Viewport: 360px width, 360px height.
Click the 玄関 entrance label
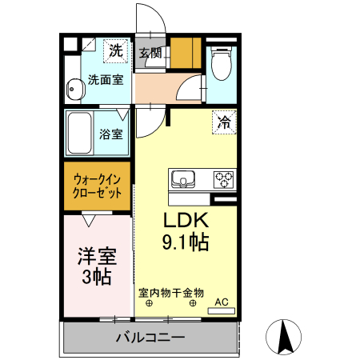click(x=150, y=54)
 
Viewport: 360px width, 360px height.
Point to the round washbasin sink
click(x=76, y=89)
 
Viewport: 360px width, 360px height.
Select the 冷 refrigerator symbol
click(x=224, y=123)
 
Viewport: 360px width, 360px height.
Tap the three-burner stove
click(x=222, y=178)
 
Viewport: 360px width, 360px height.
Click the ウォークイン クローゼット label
click(x=98, y=186)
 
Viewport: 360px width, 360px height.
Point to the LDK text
click(x=186, y=222)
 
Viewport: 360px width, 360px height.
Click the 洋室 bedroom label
click(x=96, y=257)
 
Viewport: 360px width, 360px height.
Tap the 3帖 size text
click(x=96, y=277)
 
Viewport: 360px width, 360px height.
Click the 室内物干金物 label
click(x=171, y=292)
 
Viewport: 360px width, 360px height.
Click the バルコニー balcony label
click(x=150, y=337)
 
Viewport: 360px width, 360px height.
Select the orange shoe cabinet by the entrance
click(x=186, y=54)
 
